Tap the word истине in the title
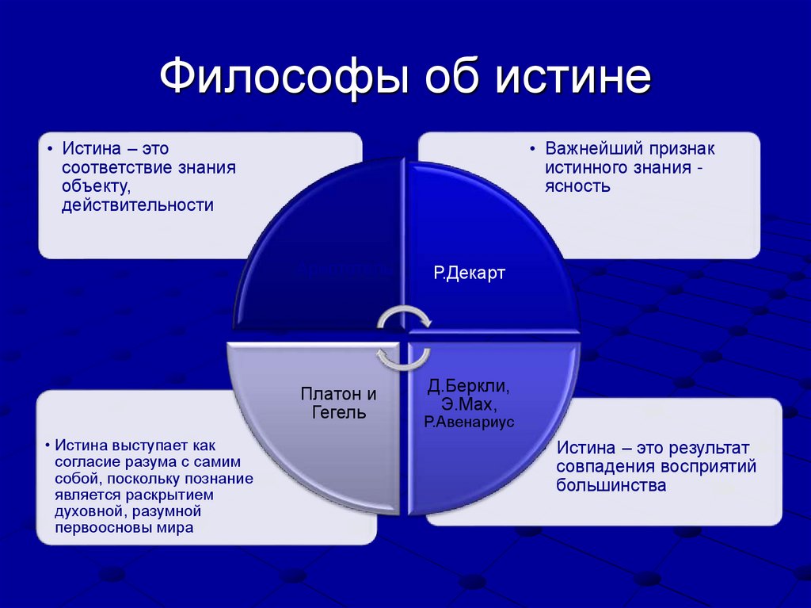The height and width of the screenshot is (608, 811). (x=573, y=79)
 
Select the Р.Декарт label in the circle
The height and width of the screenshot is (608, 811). (x=469, y=273)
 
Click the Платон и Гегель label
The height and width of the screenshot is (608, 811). (x=338, y=403)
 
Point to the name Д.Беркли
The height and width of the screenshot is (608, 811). (x=468, y=387)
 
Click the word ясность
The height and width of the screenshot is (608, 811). (x=577, y=187)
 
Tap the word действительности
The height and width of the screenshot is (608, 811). (x=139, y=205)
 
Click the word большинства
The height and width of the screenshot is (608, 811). (x=611, y=485)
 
